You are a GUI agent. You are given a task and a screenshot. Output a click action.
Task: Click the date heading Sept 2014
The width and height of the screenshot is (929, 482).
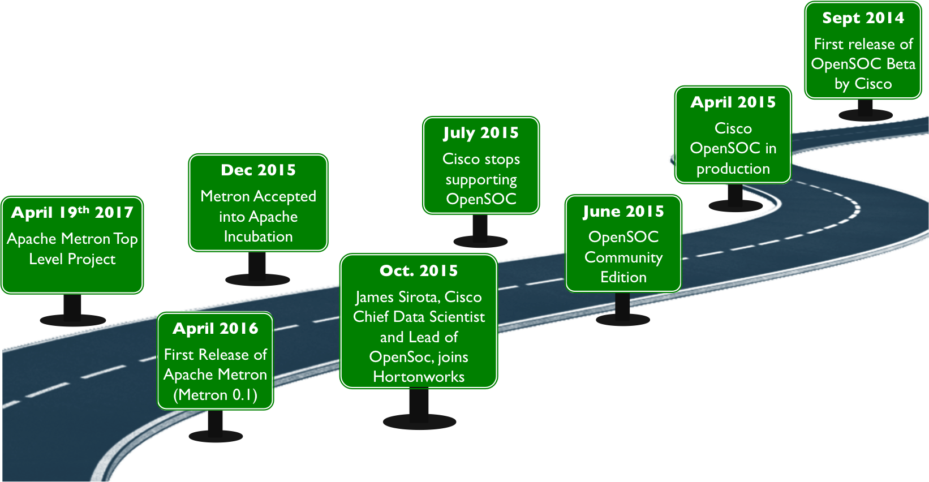point(863,18)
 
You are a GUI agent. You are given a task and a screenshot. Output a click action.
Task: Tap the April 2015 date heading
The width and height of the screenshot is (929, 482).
point(733,102)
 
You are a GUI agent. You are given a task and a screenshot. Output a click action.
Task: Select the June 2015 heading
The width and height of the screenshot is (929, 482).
point(623,212)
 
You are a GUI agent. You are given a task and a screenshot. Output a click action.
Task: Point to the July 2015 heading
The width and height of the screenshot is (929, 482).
point(481,133)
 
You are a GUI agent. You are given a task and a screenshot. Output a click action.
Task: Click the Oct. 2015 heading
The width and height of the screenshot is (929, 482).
point(419,271)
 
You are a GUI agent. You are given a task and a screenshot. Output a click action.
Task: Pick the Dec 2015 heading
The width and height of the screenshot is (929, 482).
point(258,170)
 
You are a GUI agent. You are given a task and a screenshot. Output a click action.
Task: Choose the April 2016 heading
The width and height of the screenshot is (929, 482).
point(215,329)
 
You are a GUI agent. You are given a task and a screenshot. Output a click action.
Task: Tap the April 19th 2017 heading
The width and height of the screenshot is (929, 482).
point(72,213)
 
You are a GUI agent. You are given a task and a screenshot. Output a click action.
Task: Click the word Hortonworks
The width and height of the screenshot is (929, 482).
point(419,377)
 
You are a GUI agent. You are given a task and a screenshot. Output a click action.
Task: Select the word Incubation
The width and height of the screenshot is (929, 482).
point(258,236)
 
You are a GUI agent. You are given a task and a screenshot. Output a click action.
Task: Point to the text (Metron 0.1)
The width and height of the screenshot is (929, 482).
point(215,394)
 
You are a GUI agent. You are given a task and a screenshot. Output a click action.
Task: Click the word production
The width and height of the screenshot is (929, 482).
point(733,169)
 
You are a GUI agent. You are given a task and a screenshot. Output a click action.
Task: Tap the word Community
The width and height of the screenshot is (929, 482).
point(623,257)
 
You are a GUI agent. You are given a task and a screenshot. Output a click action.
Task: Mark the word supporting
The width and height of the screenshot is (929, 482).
point(481,180)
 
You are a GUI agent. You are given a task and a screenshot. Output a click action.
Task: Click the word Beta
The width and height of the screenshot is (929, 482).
point(901,64)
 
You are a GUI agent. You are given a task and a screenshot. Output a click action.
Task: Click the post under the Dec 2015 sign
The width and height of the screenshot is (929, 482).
point(257,266)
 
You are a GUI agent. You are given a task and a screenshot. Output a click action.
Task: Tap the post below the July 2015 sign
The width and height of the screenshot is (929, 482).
point(480,229)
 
